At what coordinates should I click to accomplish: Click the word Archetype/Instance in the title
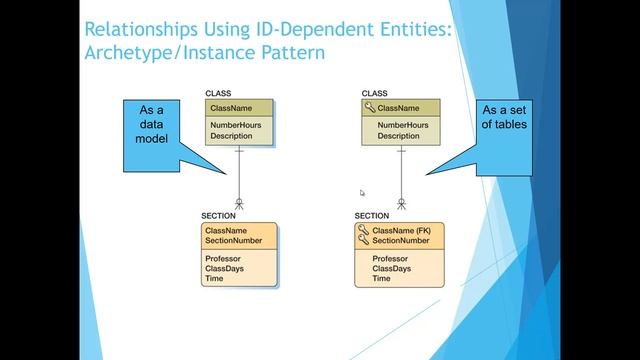[150, 50]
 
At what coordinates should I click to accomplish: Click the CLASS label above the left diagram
[218, 93]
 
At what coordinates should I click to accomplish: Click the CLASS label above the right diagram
[373, 93]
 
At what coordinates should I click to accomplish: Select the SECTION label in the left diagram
[218, 216]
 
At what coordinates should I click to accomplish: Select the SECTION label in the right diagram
[372, 216]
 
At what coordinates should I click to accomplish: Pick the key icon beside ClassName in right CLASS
[368, 108]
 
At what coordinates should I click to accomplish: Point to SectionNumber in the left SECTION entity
[233, 241]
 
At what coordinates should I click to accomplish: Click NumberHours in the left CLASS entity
[235, 126]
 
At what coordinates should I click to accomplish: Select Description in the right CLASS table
[398, 136]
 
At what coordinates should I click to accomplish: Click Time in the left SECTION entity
[214, 279]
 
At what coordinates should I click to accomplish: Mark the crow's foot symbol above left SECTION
[239, 203]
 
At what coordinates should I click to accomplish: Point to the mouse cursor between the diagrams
[362, 193]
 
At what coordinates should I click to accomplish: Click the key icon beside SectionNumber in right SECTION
[363, 241]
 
